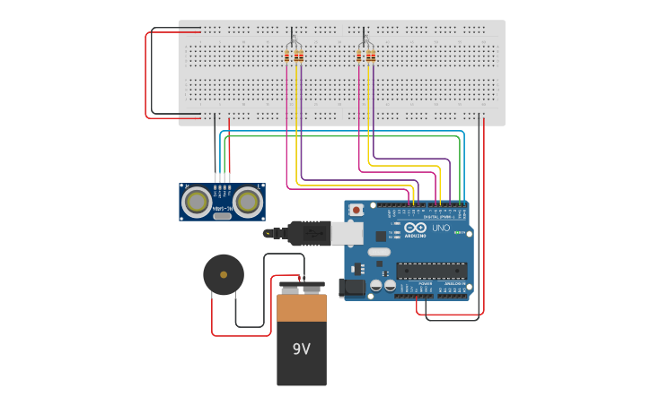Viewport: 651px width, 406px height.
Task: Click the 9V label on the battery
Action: coord(301,350)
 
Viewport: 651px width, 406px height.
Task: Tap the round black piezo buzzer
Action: coord(223,274)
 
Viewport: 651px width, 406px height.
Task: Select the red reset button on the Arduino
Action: coord(356,210)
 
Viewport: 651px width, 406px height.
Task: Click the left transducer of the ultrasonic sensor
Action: coord(196,203)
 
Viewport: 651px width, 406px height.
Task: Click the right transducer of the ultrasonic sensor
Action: coord(249,203)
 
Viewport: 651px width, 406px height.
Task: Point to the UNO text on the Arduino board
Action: coord(441,229)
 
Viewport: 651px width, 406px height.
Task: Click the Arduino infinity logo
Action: coord(415,228)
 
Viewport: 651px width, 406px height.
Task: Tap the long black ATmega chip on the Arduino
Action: coord(431,270)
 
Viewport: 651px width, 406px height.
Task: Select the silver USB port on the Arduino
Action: coord(347,233)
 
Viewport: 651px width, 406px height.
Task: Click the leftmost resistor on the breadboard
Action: coord(286,56)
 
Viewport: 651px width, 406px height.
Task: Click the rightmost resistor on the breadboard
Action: coord(373,56)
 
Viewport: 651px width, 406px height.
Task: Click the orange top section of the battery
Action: coord(302,307)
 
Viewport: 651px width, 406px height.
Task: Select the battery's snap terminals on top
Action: coord(302,287)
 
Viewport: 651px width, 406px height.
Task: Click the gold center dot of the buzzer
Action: coord(223,275)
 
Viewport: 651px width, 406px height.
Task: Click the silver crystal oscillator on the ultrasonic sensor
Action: coord(223,216)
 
